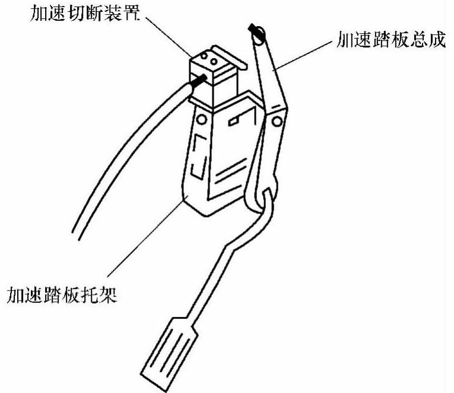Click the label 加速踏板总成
(x=387, y=43)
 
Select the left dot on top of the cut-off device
(x=203, y=58)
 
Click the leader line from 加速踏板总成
(x=303, y=56)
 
